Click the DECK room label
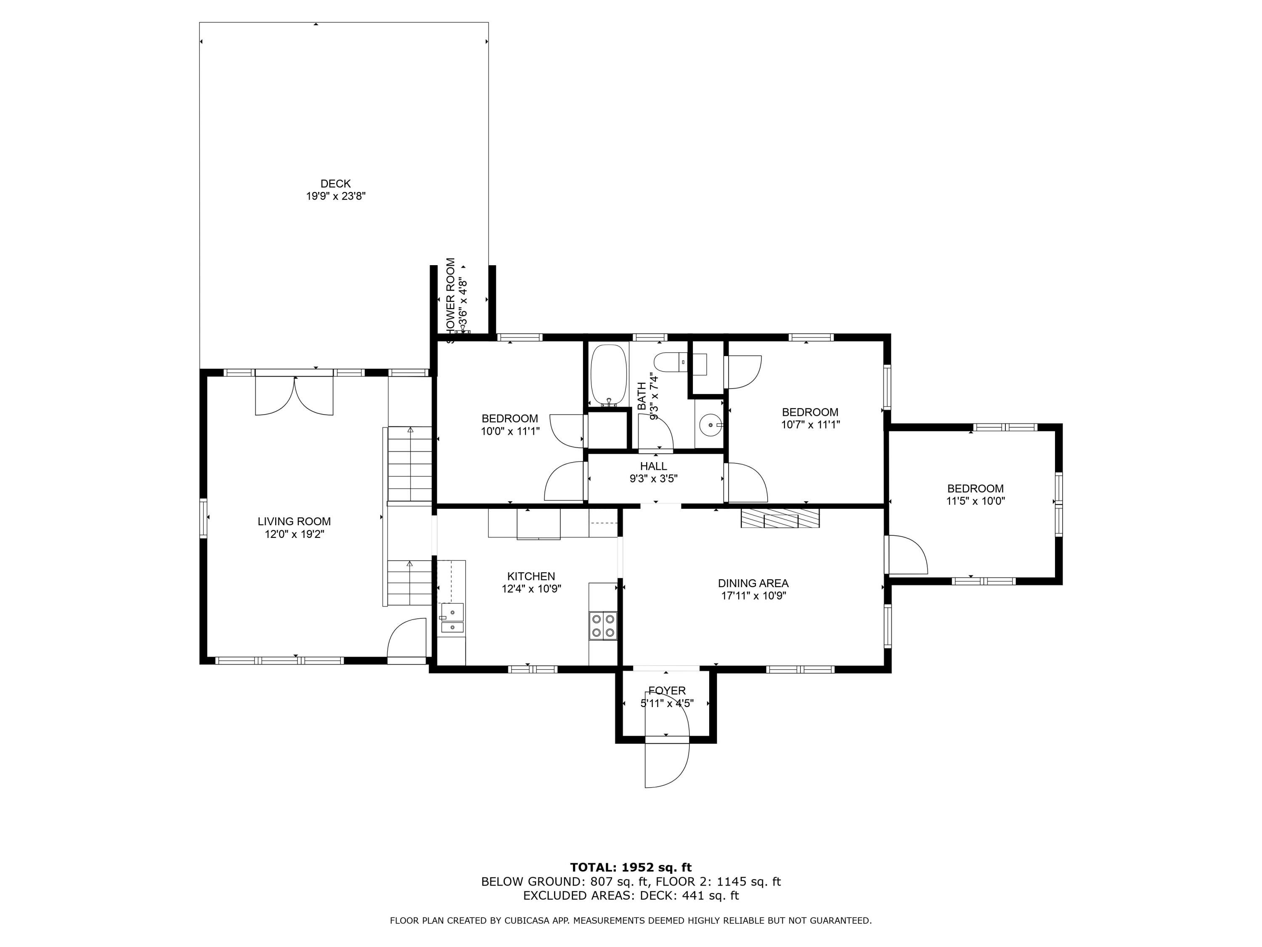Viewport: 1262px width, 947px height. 335,184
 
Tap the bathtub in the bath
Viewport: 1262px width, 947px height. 609,375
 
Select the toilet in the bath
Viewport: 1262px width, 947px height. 667,362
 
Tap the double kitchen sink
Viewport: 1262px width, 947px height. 452,620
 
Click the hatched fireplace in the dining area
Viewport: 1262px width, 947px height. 780,518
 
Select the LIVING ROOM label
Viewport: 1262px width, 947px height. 294,521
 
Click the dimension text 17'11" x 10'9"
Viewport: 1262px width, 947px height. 753,596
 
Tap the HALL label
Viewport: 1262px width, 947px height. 653,466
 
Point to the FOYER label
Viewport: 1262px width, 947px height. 666,691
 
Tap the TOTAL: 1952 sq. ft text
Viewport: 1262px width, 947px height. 631,867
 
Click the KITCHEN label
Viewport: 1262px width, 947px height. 530,577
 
